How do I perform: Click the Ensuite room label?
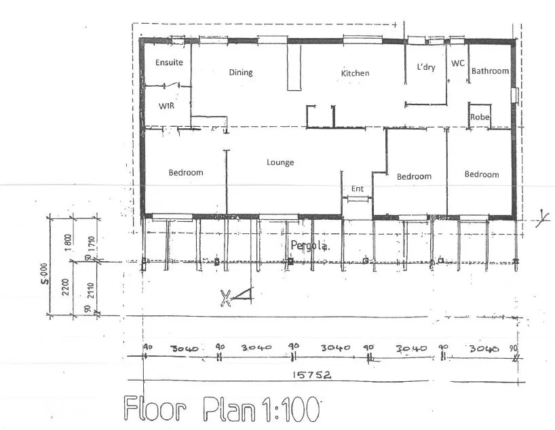pyautogui.click(x=169, y=62)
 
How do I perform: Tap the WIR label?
pyautogui.click(x=167, y=106)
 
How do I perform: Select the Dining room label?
pyautogui.click(x=240, y=73)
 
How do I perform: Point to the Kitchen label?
pyautogui.click(x=355, y=73)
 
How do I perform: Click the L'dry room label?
pyautogui.click(x=425, y=67)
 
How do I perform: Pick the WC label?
pyautogui.click(x=458, y=63)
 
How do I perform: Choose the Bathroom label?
pyautogui.click(x=490, y=71)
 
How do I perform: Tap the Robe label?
pyautogui.click(x=480, y=117)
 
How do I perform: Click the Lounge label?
pyautogui.click(x=280, y=162)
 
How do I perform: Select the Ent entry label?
pyautogui.click(x=357, y=189)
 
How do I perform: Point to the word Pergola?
pyautogui.click(x=309, y=245)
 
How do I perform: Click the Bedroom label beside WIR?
pyautogui.click(x=186, y=172)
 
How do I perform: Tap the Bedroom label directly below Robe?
pyautogui.click(x=481, y=174)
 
